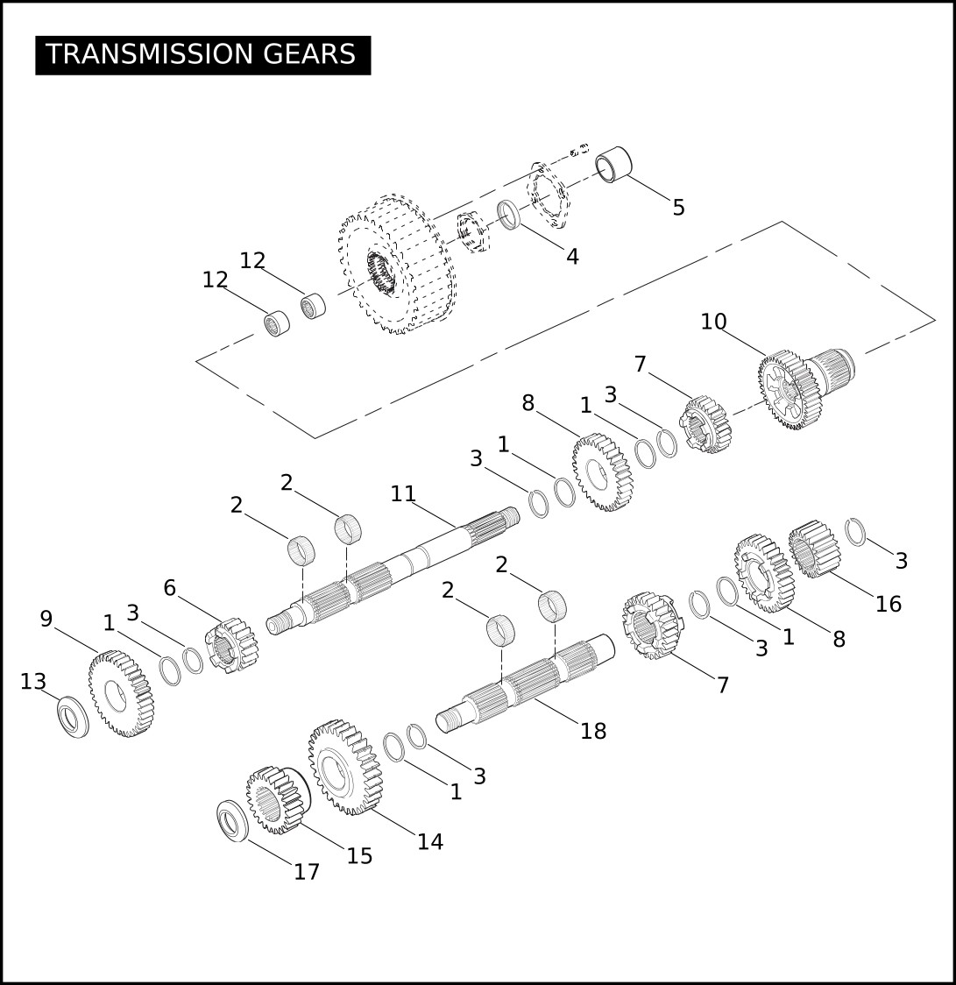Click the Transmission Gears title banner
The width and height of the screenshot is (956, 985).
pos(203,55)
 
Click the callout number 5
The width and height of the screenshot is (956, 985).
pos(678,208)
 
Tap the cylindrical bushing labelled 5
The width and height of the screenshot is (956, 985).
pos(613,164)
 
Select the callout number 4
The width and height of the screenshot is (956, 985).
pos(572,256)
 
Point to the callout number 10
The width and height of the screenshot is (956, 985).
pos(713,322)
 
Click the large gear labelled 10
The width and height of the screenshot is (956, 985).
pos(806,387)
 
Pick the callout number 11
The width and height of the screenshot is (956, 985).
pos(403,493)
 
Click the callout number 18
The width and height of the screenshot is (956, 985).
pos(593,731)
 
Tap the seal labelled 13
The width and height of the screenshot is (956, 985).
pos(73,717)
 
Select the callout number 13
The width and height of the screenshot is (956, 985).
pos(33,682)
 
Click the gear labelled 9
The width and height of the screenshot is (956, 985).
pos(121,693)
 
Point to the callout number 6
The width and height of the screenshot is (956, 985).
pos(170,588)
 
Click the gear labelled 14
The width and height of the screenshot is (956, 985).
pos(345,768)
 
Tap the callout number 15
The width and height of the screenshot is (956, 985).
pos(360,856)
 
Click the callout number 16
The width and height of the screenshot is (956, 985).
pos(889,605)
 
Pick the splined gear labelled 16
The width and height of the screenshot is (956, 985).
pos(815,549)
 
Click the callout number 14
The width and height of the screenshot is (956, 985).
pos(430,842)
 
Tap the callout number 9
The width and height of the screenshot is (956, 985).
pos(46,620)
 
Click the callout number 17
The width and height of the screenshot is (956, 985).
pos(307,872)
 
